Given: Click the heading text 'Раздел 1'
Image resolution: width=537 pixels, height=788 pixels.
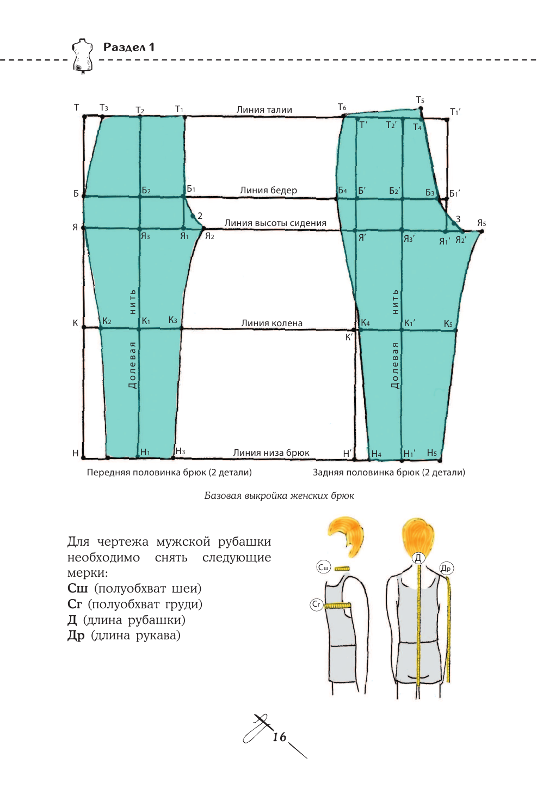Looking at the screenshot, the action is click(129, 47).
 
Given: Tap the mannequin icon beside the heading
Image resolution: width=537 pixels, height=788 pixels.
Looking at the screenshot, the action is click(82, 56).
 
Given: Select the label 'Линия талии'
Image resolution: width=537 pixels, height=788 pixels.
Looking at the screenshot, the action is click(264, 109).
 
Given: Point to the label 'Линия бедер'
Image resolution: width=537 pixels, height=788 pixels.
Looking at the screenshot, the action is click(268, 190).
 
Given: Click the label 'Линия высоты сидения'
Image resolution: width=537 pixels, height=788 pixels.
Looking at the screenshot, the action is click(275, 223).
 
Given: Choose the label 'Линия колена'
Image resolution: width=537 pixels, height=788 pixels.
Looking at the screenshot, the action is click(271, 323).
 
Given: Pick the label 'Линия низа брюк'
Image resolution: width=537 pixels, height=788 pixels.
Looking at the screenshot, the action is click(271, 453).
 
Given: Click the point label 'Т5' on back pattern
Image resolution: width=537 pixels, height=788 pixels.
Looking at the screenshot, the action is click(420, 100).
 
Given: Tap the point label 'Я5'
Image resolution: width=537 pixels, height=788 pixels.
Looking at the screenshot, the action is click(482, 223).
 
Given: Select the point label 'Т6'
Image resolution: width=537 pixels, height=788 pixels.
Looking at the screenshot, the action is click(342, 107).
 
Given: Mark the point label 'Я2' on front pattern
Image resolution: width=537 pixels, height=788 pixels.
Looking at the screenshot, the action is click(209, 236).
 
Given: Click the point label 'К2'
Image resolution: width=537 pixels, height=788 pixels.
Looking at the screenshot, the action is click(107, 321).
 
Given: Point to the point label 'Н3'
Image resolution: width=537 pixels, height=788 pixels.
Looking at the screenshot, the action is click(180, 451).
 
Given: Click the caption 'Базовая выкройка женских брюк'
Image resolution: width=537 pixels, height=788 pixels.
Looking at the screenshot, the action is click(279, 496).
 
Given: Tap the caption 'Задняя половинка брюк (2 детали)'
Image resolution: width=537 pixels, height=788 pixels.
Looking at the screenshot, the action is click(388, 472).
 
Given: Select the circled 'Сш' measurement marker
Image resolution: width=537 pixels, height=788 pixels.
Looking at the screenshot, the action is click(323, 567).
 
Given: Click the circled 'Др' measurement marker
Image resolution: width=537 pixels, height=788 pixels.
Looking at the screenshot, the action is click(446, 569).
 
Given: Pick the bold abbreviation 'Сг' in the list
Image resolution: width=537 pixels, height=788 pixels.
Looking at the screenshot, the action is click(75, 604).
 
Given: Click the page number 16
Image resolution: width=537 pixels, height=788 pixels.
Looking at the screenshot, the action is click(279, 737).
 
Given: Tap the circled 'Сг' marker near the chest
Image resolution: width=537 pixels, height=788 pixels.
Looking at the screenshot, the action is click(316, 604).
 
